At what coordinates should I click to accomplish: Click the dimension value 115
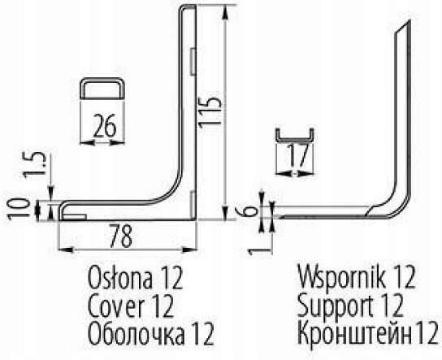point(210,113)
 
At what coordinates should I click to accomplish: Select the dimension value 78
point(121,236)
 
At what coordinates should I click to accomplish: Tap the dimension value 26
point(105,125)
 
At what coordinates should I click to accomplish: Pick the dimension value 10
point(19,209)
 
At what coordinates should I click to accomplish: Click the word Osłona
point(120,277)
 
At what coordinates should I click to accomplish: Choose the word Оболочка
point(136,334)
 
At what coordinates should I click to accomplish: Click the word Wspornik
point(341,277)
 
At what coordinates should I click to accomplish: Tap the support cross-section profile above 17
point(295,138)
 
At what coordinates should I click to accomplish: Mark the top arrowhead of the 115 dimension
point(225,13)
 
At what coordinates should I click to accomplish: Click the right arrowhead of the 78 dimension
point(188,249)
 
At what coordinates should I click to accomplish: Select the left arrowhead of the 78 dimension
point(65,249)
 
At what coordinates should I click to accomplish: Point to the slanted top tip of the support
point(409,21)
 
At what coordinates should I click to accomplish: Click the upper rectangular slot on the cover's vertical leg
point(193,61)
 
